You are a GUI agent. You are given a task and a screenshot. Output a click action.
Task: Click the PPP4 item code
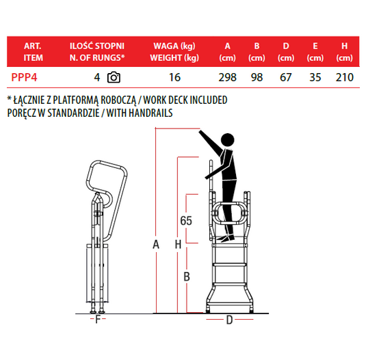click(24, 77)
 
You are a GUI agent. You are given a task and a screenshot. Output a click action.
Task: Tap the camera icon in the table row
click(114, 77)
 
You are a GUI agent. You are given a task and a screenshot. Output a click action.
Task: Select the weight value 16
click(175, 77)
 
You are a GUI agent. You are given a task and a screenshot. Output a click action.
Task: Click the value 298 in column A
click(227, 77)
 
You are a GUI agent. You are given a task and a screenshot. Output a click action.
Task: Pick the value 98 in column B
click(257, 77)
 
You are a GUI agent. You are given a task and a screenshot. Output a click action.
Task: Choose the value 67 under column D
click(286, 77)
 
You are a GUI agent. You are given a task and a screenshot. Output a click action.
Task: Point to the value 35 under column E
click(315, 77)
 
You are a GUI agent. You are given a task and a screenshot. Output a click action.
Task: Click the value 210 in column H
click(345, 77)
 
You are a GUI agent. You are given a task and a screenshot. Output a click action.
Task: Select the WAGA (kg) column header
click(174, 46)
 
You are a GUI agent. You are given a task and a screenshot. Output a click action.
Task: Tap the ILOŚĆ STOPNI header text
click(97, 46)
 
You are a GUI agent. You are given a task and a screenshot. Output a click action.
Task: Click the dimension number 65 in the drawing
click(186, 221)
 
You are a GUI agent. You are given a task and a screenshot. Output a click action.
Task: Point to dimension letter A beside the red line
click(156, 245)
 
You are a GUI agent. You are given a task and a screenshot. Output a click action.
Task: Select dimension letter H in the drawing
click(178, 245)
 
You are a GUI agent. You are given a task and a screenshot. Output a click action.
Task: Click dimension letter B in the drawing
click(187, 277)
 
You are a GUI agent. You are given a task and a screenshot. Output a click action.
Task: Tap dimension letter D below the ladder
click(229, 320)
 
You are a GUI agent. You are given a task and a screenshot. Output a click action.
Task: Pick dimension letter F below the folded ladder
click(98, 319)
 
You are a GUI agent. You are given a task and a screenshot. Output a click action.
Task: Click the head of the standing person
click(227, 140)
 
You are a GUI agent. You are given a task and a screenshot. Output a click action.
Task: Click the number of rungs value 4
click(97, 77)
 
